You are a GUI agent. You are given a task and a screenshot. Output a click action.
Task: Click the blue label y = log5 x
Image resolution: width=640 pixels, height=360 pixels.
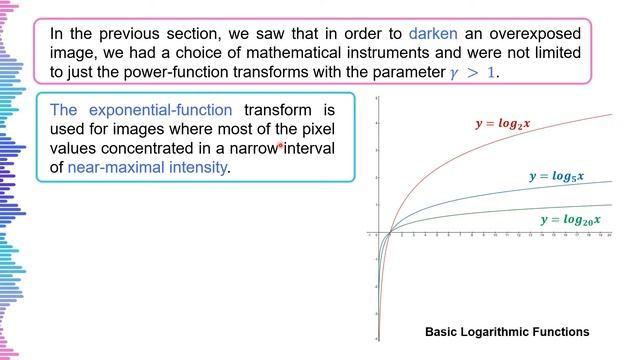(556, 176)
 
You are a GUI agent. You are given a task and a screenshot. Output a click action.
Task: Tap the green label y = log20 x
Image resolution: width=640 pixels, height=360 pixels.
(569, 219)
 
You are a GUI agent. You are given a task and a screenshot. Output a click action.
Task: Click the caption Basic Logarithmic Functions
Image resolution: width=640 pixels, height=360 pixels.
(507, 331)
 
